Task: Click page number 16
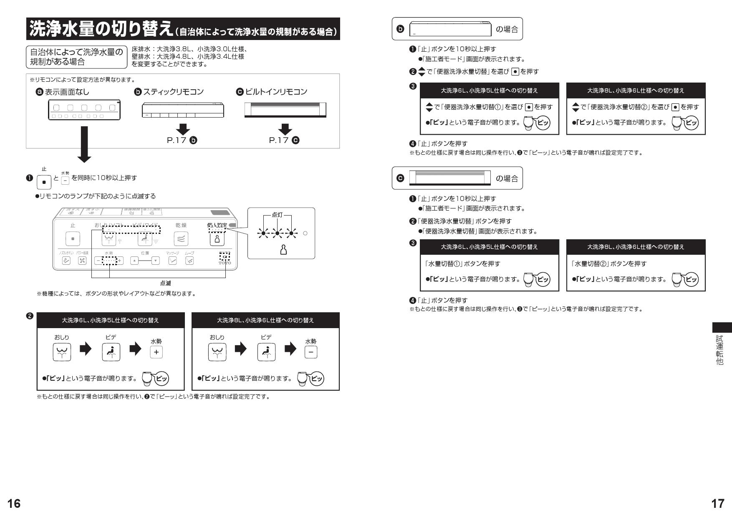click(14, 503)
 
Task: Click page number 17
click(717, 503)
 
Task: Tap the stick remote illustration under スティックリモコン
click(183, 110)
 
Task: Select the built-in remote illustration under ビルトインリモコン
click(285, 110)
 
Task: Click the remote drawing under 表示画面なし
click(84, 110)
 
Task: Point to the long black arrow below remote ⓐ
click(85, 144)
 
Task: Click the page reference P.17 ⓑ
click(182, 140)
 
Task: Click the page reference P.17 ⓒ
click(285, 140)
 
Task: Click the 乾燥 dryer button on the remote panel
click(181, 239)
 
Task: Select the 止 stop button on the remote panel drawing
click(73, 239)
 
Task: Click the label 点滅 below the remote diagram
click(165, 283)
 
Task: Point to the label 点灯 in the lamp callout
click(277, 214)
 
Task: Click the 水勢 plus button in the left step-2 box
click(156, 352)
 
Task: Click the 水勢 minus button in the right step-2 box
click(311, 352)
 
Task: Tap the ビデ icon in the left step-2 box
click(111, 352)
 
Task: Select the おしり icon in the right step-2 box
click(217, 352)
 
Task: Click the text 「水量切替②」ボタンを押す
click(608, 264)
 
